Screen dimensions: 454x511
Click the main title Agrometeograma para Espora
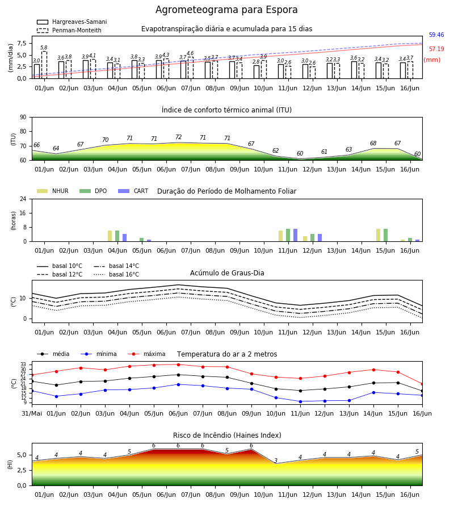click(226, 10)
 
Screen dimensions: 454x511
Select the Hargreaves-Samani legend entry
click(72, 22)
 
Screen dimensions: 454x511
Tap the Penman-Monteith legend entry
click(69, 30)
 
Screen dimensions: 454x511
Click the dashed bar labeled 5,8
click(44, 65)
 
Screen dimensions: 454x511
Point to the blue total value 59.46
click(436, 35)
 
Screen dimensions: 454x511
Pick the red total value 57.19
click(436, 49)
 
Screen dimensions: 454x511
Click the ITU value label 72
click(178, 137)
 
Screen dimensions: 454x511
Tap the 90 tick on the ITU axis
click(23, 118)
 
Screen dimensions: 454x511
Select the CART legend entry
click(133, 191)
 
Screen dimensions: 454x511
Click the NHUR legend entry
click(53, 191)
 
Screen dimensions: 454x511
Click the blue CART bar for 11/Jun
click(296, 235)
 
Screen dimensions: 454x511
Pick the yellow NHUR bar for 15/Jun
click(378, 235)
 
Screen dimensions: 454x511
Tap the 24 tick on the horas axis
click(23, 199)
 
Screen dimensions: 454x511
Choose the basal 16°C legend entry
click(116, 274)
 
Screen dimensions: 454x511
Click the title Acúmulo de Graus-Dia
click(227, 273)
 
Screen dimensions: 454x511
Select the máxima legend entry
click(146, 354)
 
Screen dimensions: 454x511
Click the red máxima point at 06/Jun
click(178, 365)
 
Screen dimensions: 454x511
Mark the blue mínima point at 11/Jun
click(300, 401)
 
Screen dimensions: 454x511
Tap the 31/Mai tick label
click(32, 413)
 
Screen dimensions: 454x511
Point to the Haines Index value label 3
click(276, 460)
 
